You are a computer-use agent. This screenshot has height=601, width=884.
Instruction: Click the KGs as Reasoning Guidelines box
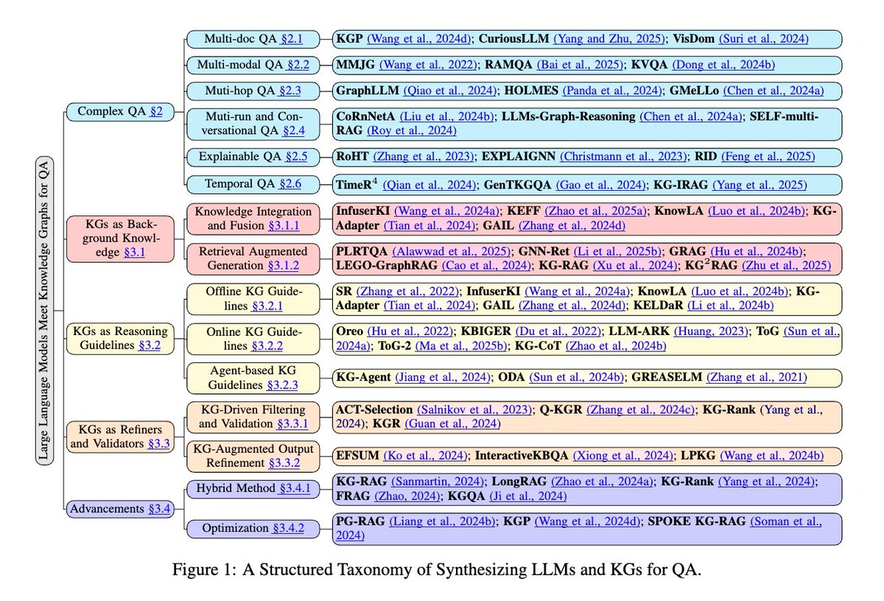click(119, 337)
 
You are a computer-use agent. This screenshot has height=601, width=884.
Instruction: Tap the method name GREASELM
click(667, 377)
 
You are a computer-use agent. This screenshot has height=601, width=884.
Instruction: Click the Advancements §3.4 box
click(119, 507)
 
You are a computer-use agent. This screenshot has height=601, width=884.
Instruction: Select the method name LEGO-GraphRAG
click(382, 265)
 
